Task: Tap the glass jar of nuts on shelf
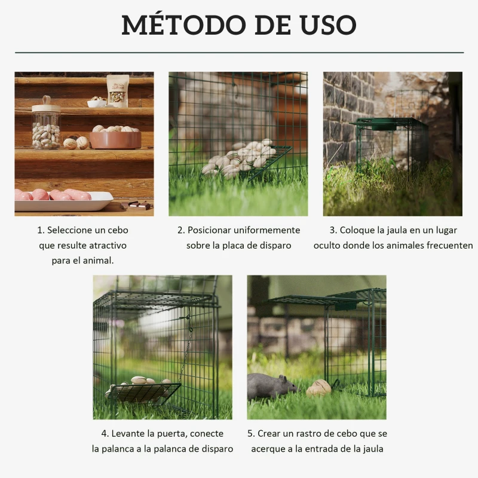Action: point(46,127)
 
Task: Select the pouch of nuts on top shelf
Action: point(118,90)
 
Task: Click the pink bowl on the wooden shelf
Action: point(115,139)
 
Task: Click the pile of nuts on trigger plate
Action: point(239,158)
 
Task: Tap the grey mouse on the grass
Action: point(271,387)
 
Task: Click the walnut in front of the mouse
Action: point(318,388)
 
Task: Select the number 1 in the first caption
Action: point(40,230)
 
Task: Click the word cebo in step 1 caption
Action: point(118,230)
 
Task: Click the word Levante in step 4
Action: point(128,434)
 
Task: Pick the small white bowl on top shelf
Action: point(96,103)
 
